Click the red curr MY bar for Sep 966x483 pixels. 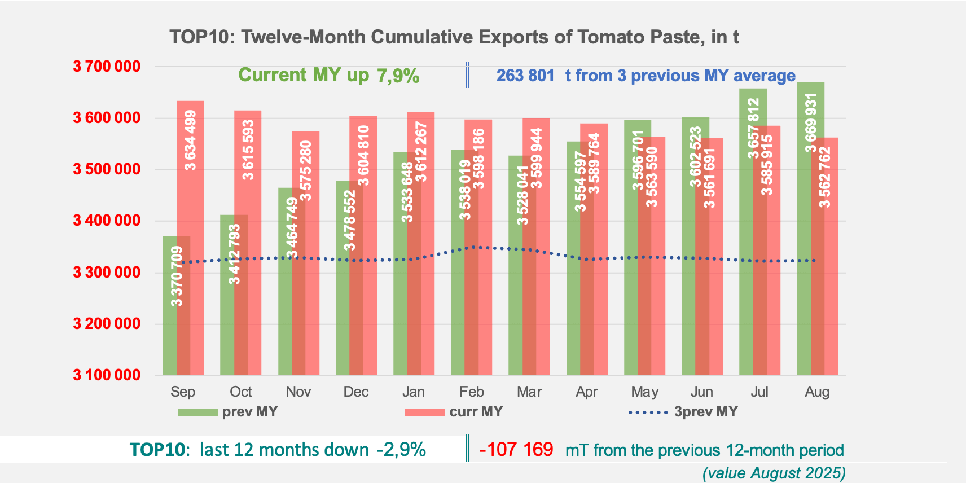click(x=191, y=237)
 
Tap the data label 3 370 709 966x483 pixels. click(x=177, y=276)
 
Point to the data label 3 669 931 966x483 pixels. click(x=811, y=123)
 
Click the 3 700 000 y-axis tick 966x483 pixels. click(x=107, y=67)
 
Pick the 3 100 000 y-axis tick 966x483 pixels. click(x=107, y=375)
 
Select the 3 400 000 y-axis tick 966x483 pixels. click(x=107, y=221)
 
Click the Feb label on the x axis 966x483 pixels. click(x=472, y=392)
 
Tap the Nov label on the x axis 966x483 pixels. click(x=298, y=392)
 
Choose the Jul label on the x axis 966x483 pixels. click(x=759, y=392)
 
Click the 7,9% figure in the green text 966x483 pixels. click(x=398, y=76)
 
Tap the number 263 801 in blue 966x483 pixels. click(x=525, y=76)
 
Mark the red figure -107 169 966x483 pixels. click(x=516, y=450)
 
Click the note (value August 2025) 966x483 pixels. click(x=774, y=473)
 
